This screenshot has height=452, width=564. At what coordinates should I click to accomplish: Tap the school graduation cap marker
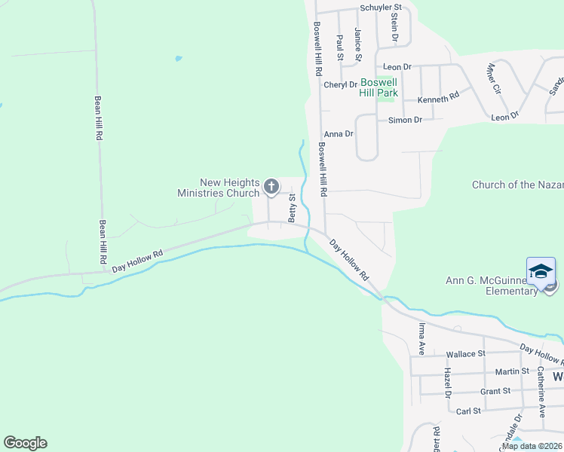click(x=541, y=271)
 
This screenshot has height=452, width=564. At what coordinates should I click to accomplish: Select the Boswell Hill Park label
click(x=379, y=87)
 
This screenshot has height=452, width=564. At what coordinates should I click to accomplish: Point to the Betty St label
click(x=292, y=207)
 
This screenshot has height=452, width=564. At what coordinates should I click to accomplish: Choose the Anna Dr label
click(x=339, y=134)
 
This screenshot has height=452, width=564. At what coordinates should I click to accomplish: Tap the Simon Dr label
click(x=405, y=120)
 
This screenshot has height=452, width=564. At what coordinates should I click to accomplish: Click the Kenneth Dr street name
click(x=438, y=98)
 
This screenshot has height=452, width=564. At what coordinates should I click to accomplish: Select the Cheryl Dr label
click(x=340, y=84)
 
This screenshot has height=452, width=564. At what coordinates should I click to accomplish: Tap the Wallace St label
click(x=465, y=354)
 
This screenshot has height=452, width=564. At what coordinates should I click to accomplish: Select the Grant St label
click(x=495, y=391)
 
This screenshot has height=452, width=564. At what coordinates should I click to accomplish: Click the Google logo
click(x=25, y=443)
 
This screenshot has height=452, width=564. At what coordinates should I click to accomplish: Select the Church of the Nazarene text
click(x=517, y=185)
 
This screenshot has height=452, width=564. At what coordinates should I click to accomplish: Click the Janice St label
click(x=358, y=45)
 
